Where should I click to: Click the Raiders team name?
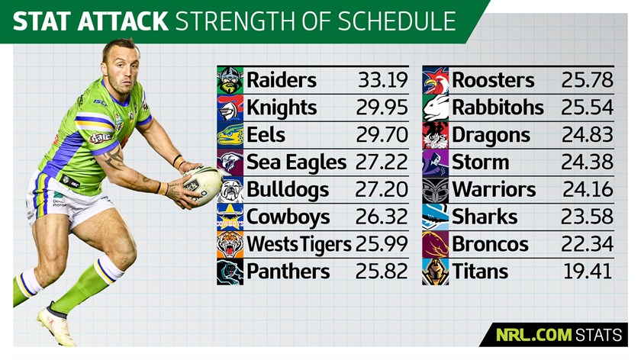[x=281, y=80]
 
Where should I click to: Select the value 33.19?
[x=383, y=80]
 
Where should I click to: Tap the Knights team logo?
[x=230, y=108]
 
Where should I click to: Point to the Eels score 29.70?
[x=382, y=135]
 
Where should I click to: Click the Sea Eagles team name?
[x=296, y=162]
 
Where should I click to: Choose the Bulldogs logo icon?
[x=230, y=189]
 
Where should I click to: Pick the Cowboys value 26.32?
[x=382, y=217]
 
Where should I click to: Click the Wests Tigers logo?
[x=230, y=244]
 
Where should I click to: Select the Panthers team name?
[x=288, y=272]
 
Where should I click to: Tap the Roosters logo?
[x=436, y=80]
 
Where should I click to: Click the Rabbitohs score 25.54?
[x=588, y=108]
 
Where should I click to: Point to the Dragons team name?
[x=491, y=135]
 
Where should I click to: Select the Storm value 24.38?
[x=588, y=162]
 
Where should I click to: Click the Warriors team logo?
[x=436, y=189]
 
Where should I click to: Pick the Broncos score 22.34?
[x=588, y=244]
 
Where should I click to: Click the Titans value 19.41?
[x=588, y=272]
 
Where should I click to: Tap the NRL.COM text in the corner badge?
[x=537, y=334]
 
